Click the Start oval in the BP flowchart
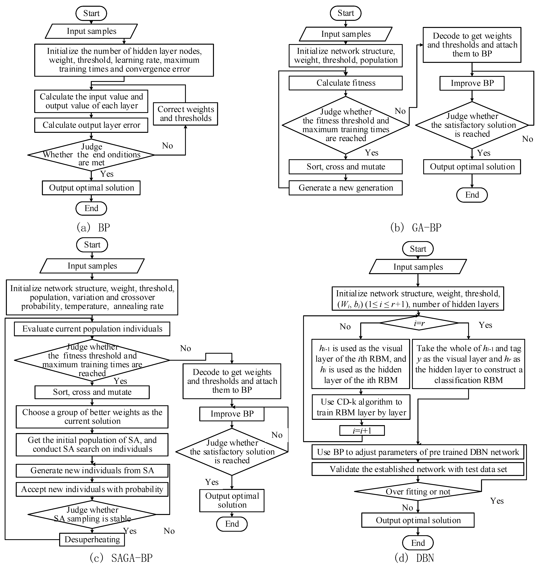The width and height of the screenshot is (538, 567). tap(91, 13)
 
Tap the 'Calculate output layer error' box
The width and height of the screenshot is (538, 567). tap(91, 125)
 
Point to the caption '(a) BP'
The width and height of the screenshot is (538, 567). tap(93, 227)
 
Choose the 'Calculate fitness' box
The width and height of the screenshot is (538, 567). tap(346, 83)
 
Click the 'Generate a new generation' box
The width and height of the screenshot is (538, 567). tap(346, 188)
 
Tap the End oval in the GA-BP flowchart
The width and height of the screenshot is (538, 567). tap(472, 195)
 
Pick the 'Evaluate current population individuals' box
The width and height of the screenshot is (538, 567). tap(92, 329)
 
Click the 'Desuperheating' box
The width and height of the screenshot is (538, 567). tap(92, 539)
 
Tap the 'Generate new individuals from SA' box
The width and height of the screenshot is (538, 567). tap(92, 470)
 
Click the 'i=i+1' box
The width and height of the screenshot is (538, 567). tap(362, 430)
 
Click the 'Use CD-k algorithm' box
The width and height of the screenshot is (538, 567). tap(361, 407)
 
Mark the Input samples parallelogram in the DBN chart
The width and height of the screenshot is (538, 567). tap(418, 267)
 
